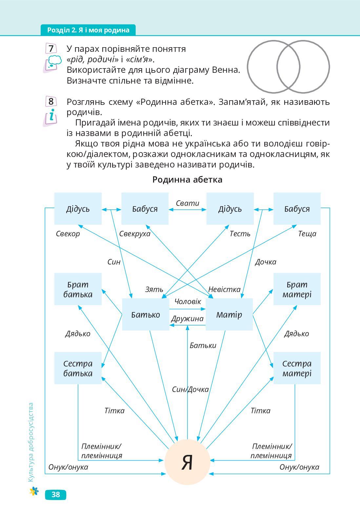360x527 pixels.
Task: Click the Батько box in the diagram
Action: [146, 315]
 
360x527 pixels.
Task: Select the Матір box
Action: [229, 315]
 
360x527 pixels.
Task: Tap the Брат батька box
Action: [78, 289]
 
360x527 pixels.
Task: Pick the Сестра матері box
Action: [297, 368]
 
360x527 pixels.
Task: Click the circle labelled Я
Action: [187, 462]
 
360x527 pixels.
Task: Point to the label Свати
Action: [187, 203]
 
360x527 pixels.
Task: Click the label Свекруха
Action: [134, 234]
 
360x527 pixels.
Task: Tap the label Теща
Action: [307, 234]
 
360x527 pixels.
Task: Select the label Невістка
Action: [224, 289]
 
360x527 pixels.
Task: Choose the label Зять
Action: [154, 289]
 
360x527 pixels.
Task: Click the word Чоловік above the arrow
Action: [188, 302]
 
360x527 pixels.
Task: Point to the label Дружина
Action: [187, 319]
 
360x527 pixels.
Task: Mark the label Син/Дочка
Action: [190, 389]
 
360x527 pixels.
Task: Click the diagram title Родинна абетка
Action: [187, 180]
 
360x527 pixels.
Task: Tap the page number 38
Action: [55, 495]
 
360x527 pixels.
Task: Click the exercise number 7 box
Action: [51, 49]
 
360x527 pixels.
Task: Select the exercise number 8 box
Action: [51, 101]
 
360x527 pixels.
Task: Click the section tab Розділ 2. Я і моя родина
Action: [88, 30]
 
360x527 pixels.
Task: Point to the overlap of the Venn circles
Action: [288, 67]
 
